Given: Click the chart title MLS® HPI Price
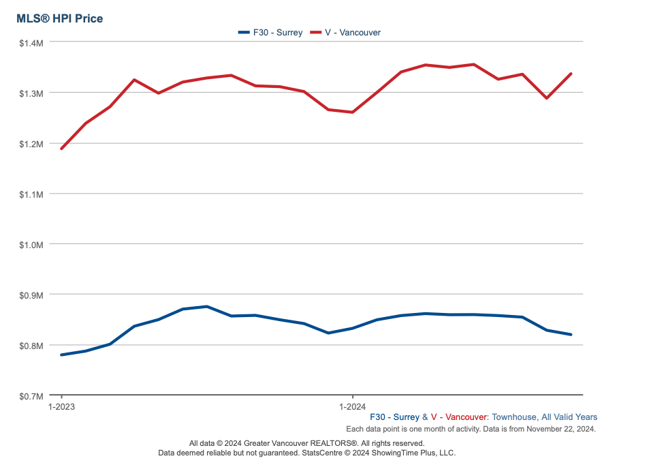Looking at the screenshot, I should click(x=60, y=18).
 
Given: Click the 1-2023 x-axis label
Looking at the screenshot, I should click(x=61, y=406).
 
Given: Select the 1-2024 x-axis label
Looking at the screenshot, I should click(x=352, y=406).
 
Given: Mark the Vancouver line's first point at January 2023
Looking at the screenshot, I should click(x=62, y=148).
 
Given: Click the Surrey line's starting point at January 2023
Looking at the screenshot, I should click(x=62, y=355).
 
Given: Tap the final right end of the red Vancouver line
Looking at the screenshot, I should click(x=571, y=74).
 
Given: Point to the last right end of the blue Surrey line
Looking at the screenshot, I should click(x=571, y=334).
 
